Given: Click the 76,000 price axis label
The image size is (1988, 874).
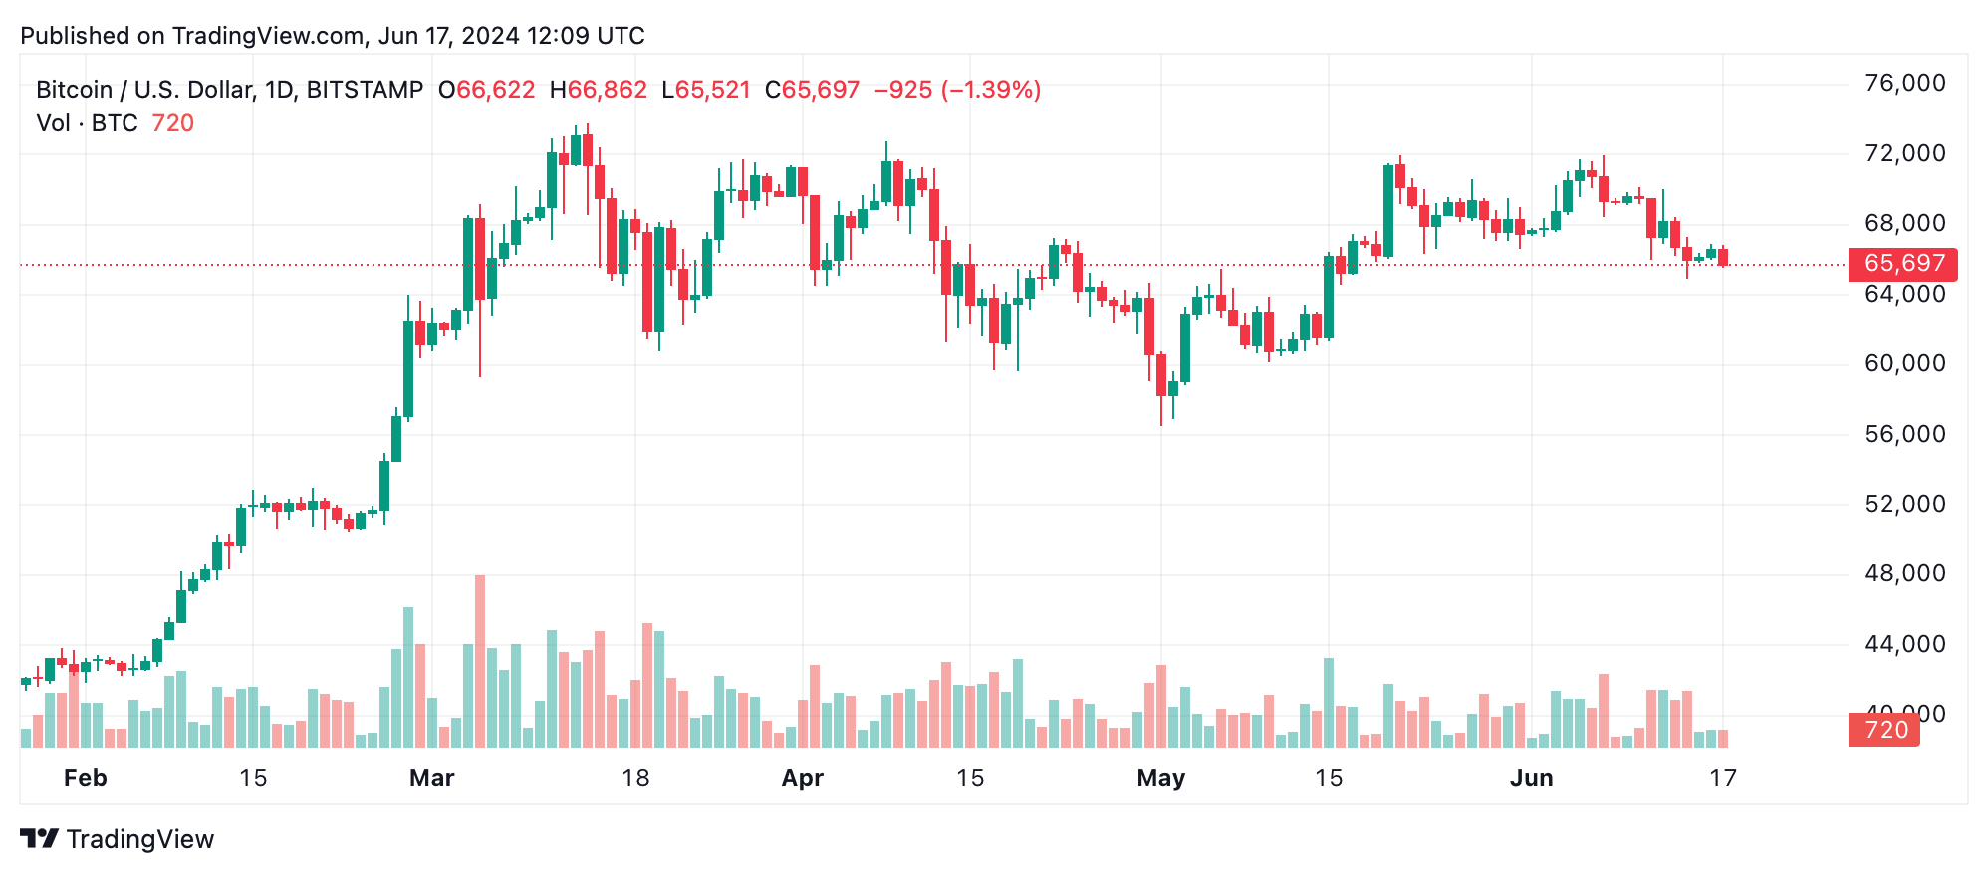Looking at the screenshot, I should pyautogui.click(x=1904, y=84).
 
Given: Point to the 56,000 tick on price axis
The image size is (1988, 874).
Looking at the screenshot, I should pyautogui.click(x=1904, y=434).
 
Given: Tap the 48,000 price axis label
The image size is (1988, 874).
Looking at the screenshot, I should pyautogui.click(x=1904, y=573).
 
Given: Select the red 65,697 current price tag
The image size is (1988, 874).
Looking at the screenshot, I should pyautogui.click(x=1903, y=264).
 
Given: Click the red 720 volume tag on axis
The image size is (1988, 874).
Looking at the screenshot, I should pyautogui.click(x=1884, y=730).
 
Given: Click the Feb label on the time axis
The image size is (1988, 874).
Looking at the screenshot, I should pyautogui.click(x=86, y=778).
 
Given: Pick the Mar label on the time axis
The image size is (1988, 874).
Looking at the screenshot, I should pyautogui.click(x=431, y=778).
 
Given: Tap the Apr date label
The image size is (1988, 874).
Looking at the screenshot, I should pyautogui.click(x=802, y=778).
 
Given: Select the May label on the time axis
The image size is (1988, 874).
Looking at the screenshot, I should pyautogui.click(x=1160, y=778).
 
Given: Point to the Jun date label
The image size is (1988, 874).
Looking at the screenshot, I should pyautogui.click(x=1531, y=778).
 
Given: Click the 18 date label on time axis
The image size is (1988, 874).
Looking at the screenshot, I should pyautogui.click(x=635, y=778).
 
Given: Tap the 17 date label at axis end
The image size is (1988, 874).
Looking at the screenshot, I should pyautogui.click(x=1723, y=778).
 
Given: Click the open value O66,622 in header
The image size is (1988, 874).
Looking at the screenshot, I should pyautogui.click(x=487, y=90).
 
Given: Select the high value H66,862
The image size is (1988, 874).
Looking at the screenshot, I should pyautogui.click(x=599, y=90).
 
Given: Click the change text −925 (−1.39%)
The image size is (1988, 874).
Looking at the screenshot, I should pyautogui.click(x=957, y=90).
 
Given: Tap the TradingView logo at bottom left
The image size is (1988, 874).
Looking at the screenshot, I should pyautogui.click(x=118, y=839).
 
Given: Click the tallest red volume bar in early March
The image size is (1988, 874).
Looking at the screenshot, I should pyautogui.click(x=480, y=662).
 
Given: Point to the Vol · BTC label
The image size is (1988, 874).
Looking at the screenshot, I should pyautogui.click(x=87, y=123).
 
